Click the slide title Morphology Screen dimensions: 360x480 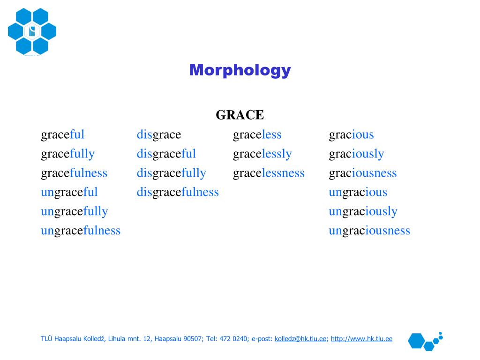pos(240,70)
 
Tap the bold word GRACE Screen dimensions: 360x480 pos(240,115)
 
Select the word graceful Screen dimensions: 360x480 pos(63,135)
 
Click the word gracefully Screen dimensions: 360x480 pos(67,154)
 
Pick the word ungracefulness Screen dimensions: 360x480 pos(81,231)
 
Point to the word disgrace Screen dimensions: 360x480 pos(159,135)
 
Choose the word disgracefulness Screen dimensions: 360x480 pos(178,192)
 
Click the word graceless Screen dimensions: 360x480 pos(257,135)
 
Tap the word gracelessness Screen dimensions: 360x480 pos(269,173)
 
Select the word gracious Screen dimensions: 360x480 pos(352,135)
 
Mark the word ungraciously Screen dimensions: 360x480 pos(363,211)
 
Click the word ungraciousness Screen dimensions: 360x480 pos(369,231)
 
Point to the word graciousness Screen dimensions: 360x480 pos(363,173)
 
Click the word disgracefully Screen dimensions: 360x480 pos(171,173)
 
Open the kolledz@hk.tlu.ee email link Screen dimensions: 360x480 pos(300,339)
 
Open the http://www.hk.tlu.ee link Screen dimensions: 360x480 pos(361,339)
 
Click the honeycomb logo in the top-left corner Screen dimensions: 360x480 pos(32,31)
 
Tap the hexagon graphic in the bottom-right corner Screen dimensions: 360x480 pos(425,341)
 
